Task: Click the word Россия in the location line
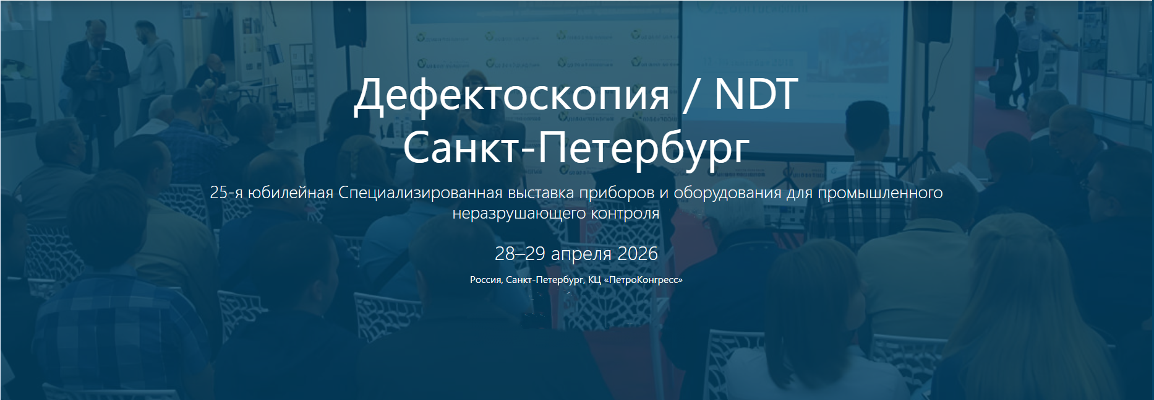(486, 280)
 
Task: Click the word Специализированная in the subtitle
(421, 193)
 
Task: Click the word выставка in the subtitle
(541, 193)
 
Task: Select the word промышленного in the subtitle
(880, 193)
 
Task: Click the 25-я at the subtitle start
(226, 193)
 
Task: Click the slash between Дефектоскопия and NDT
(693, 94)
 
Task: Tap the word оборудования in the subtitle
(727, 193)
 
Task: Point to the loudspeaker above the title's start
(350, 23)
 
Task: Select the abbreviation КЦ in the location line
(594, 280)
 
